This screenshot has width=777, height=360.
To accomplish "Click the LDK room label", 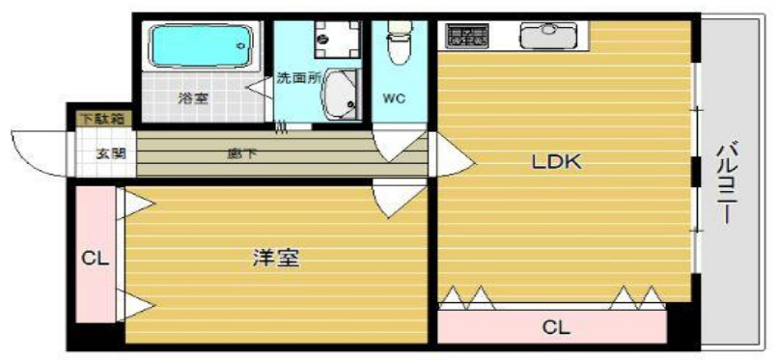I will (557, 162).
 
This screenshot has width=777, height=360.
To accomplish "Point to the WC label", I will (395, 97).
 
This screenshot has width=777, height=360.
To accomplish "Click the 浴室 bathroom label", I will (193, 97).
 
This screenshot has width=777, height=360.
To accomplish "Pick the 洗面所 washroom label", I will (298, 77).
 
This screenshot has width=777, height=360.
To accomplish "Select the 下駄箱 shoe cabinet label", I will (101, 119).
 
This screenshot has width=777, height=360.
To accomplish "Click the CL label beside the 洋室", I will (95, 258).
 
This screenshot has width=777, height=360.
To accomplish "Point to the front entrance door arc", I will (39, 152).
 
